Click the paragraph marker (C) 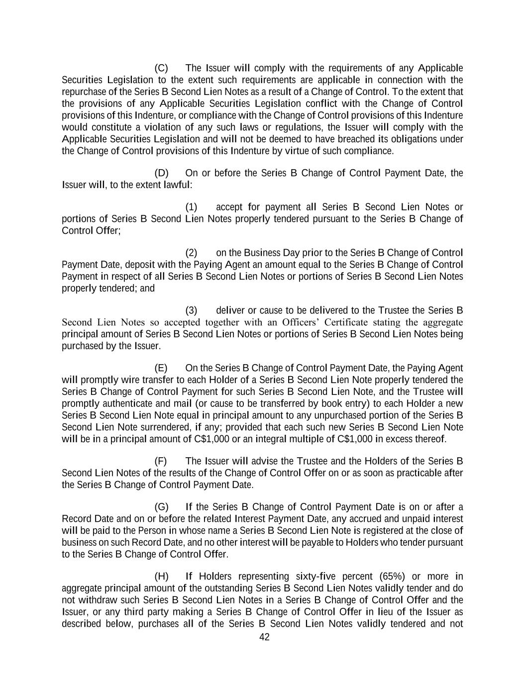[x=161, y=68]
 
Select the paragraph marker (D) [x=161, y=173]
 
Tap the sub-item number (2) [x=192, y=253]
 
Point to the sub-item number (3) [x=192, y=310]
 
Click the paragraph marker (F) [x=161, y=461]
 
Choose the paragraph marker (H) [x=161, y=577]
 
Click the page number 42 [x=265, y=637]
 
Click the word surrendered [x=166, y=427]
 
